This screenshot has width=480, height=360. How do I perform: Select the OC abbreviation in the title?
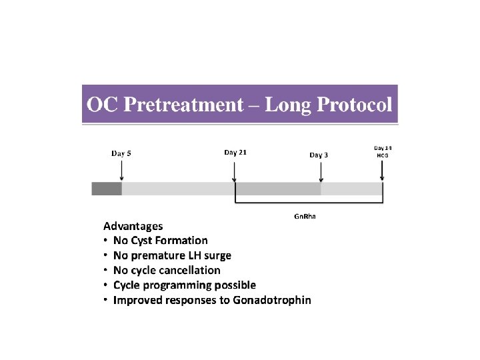pos(102,105)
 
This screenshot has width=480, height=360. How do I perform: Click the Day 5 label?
pos(121,153)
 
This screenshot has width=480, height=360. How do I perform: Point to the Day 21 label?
pos(235,152)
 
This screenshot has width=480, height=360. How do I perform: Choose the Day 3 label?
pos(319,155)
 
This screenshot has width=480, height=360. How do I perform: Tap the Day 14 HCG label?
pos(382,151)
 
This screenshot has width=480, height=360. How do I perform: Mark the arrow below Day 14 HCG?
pos(382,171)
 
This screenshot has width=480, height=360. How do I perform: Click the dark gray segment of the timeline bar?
pos(107,189)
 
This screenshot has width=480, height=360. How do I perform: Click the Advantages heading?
pos(133,226)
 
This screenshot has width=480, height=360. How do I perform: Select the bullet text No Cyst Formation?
pos(160,241)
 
